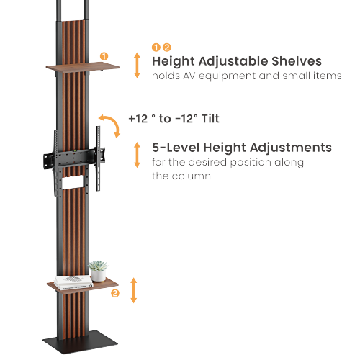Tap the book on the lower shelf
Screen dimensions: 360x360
click(73, 282)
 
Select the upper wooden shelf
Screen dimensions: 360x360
click(83, 66)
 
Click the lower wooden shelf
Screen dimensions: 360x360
click(83, 286)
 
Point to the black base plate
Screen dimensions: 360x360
click(80, 342)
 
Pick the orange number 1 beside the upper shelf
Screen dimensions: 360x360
click(104, 56)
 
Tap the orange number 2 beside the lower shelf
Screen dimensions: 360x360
click(115, 293)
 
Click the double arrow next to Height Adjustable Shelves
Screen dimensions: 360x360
click(137, 66)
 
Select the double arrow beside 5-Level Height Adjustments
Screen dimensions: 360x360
click(137, 155)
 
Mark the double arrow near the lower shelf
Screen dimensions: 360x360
click(134, 290)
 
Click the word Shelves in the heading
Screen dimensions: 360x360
click(297, 61)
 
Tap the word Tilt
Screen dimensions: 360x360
click(210, 119)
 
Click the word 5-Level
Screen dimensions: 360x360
click(176, 148)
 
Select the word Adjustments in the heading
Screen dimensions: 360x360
click(291, 148)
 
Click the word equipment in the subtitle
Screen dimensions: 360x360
click(228, 76)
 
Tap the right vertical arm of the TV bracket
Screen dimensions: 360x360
click(98, 158)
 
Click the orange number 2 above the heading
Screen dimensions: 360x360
click(167, 48)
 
